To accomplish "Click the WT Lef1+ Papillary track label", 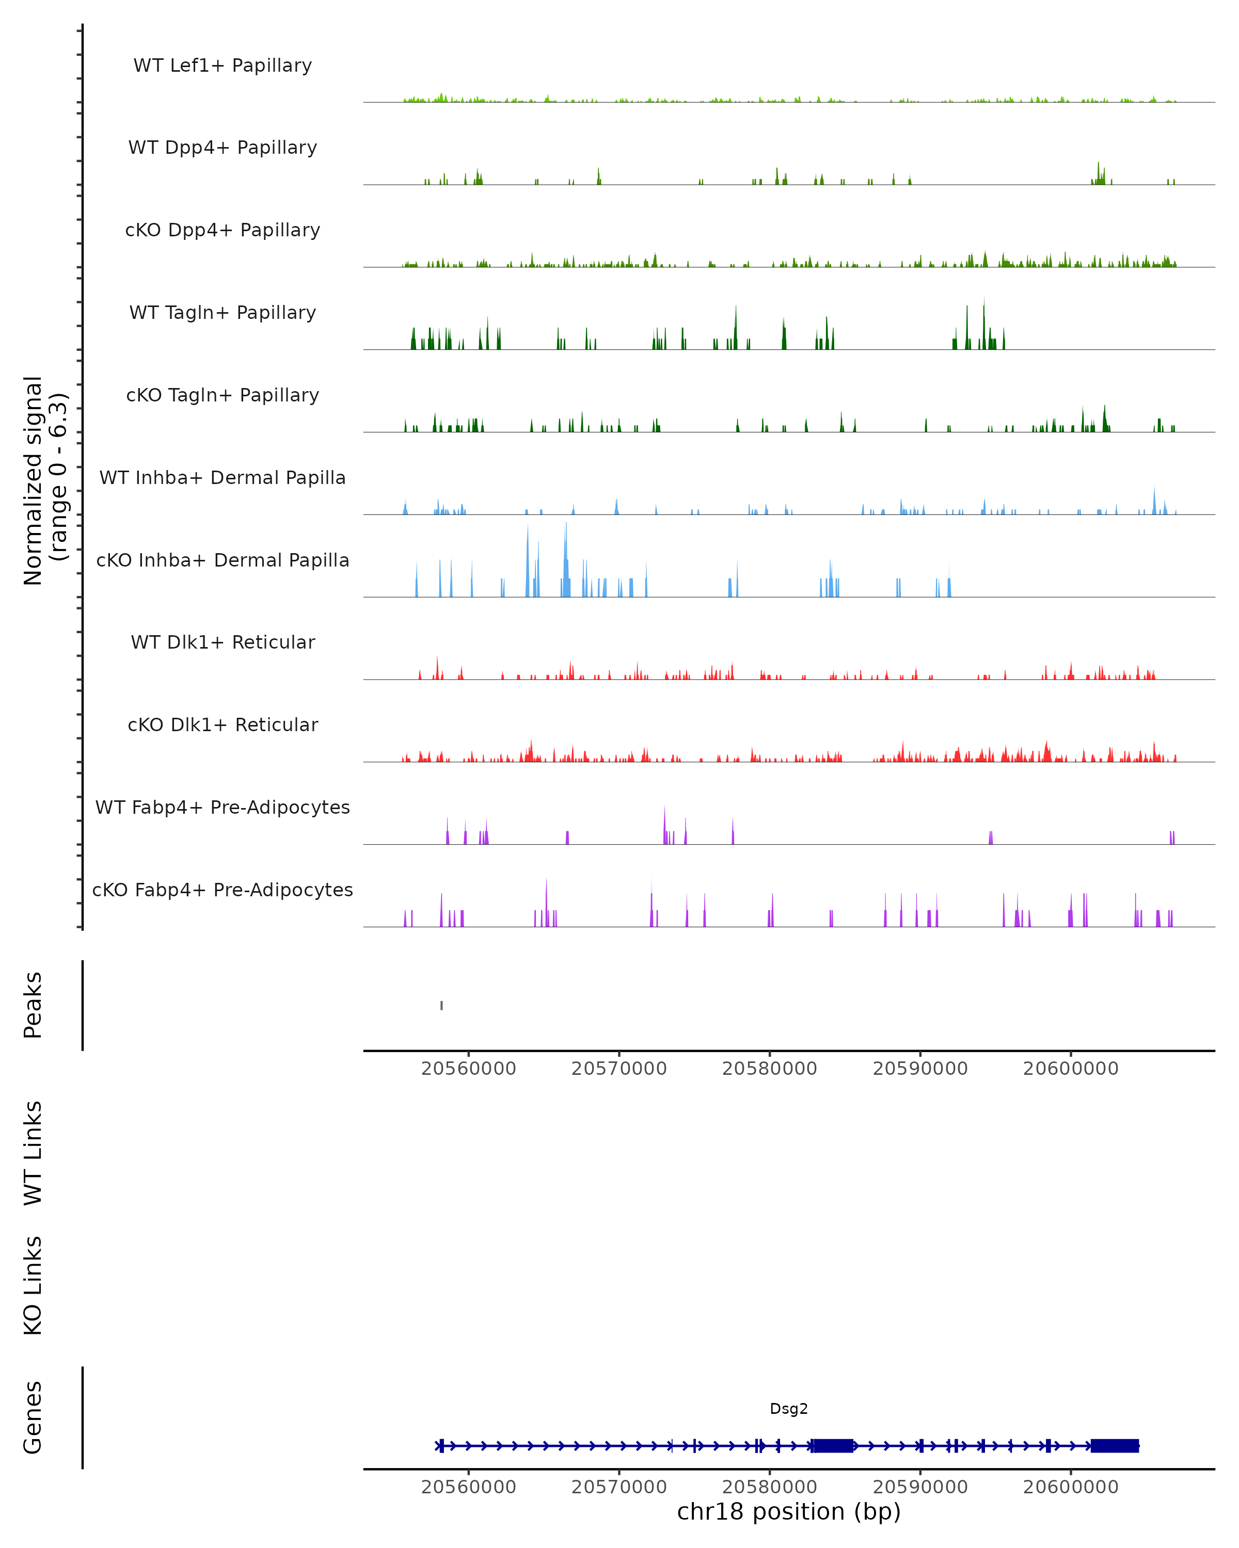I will click(x=223, y=66).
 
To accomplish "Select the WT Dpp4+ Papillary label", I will click(x=223, y=148).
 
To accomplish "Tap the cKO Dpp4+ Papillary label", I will click(x=223, y=231).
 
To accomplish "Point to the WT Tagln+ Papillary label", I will click(x=223, y=313).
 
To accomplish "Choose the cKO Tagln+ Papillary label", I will click(x=223, y=396).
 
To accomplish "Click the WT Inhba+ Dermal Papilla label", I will click(x=223, y=478).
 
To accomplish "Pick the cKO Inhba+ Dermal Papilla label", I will click(x=223, y=561).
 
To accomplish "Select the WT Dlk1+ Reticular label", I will click(x=223, y=642).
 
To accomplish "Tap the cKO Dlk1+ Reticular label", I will click(x=223, y=725).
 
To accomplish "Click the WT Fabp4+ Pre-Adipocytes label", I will click(x=223, y=808).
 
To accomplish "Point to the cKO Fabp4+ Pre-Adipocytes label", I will click(x=223, y=890).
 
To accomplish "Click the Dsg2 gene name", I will click(x=789, y=1409).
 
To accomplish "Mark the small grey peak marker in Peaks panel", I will click(x=442, y=1005).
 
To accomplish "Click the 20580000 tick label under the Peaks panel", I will click(x=769, y=1069).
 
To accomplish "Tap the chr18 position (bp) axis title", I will click(x=789, y=1512).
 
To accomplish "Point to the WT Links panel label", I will click(x=33, y=1152).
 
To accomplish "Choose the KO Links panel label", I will click(x=33, y=1285).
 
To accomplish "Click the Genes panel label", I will click(x=33, y=1417).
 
